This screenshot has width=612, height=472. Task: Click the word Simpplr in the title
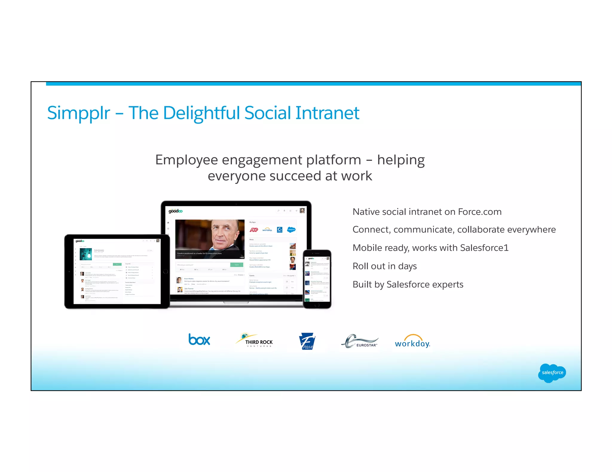click(79, 113)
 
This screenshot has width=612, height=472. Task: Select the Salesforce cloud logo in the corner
click(552, 373)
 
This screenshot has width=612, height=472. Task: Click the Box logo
click(199, 340)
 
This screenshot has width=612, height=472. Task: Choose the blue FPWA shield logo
click(307, 342)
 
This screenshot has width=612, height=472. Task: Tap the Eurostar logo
click(360, 341)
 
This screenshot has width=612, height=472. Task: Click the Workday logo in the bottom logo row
click(412, 342)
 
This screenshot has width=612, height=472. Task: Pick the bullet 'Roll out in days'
click(385, 266)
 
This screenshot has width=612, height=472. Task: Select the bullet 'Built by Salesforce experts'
click(408, 284)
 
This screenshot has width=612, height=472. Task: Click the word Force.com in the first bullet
click(480, 212)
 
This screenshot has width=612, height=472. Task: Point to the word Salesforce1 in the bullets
click(484, 248)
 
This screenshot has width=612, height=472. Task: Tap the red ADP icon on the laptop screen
click(254, 230)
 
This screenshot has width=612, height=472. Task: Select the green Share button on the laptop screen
click(237, 265)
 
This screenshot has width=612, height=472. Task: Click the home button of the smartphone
click(317, 305)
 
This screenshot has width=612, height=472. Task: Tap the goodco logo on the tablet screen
click(80, 241)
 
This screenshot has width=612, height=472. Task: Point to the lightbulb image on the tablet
click(86, 254)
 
